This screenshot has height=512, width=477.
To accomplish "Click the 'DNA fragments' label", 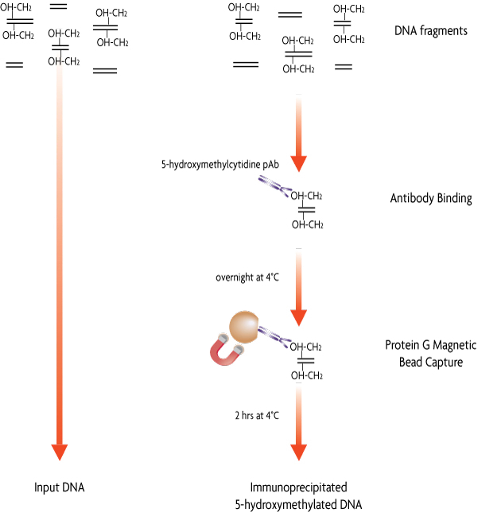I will click(431, 31).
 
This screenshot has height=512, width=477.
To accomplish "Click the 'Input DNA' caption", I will click(60, 488).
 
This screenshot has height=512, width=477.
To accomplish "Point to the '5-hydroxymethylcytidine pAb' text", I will click(220, 164).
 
